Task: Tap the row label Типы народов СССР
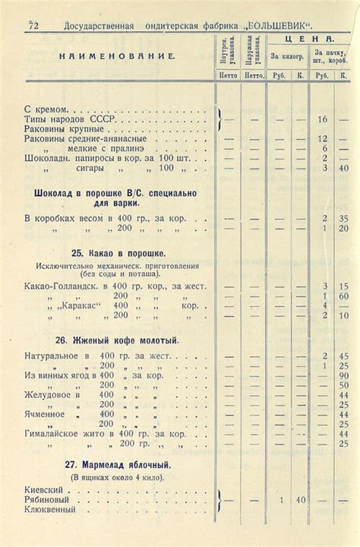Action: click(x=66, y=120)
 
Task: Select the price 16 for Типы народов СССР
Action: click(x=322, y=120)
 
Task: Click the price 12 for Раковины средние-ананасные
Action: click(x=322, y=139)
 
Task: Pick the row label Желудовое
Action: click(x=49, y=395)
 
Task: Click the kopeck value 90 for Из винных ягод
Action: click(x=343, y=376)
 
